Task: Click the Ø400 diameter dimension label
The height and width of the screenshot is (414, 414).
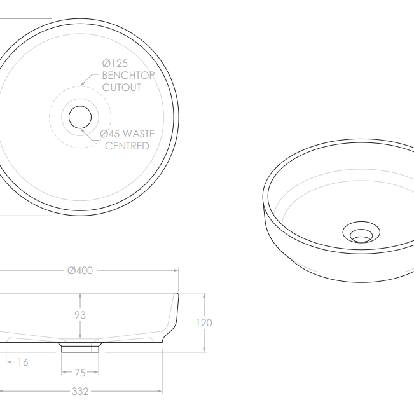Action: (81, 271)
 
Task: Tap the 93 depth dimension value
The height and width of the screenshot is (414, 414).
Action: (80, 315)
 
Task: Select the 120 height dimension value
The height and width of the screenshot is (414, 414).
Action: (204, 322)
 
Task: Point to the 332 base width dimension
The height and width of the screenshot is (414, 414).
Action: (80, 391)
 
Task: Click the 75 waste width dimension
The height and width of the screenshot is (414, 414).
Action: (80, 373)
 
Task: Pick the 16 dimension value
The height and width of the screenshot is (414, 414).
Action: (23, 362)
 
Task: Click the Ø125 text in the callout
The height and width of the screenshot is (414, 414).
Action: (116, 63)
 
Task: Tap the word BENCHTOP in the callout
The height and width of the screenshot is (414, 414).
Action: (128, 75)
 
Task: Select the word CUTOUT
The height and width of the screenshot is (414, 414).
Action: (122, 87)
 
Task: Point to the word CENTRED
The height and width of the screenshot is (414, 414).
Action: (127, 146)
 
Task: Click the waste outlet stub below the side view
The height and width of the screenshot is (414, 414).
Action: (80, 347)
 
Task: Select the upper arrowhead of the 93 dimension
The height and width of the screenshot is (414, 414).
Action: (80, 296)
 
